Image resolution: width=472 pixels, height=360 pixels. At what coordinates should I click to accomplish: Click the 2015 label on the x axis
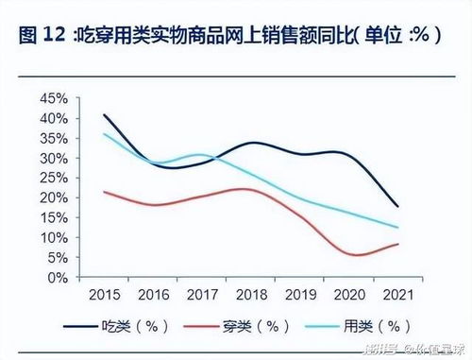pos(104,295)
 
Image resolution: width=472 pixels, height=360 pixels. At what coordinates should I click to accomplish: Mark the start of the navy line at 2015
pos(104,115)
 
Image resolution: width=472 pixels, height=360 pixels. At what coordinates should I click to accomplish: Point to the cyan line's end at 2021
pos(397,228)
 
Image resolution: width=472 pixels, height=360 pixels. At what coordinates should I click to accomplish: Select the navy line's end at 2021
pos(397,206)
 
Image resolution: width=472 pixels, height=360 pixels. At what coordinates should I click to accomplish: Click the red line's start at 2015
pos(104,192)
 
